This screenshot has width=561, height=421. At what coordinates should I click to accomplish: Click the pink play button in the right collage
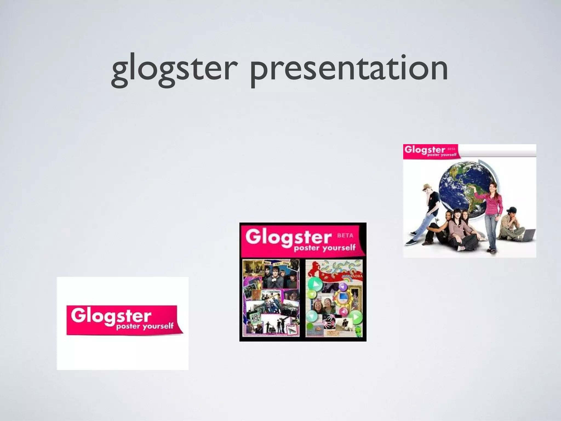coord(343,311)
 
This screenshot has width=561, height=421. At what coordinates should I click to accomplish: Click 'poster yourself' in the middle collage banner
coord(324,248)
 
